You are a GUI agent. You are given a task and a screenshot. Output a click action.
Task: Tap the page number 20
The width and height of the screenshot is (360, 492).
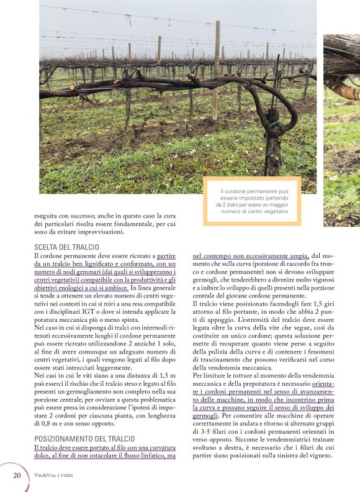pyautogui.click(x=17, y=476)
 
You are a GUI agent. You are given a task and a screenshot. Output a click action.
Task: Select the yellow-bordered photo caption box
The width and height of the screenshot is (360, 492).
pyautogui.click(x=251, y=200)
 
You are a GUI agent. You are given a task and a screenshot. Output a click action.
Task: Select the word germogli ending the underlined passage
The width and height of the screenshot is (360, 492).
pyautogui.click(x=205, y=415)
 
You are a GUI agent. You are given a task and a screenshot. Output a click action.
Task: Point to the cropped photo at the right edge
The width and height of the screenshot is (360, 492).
pyautogui.click(x=342, y=124)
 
